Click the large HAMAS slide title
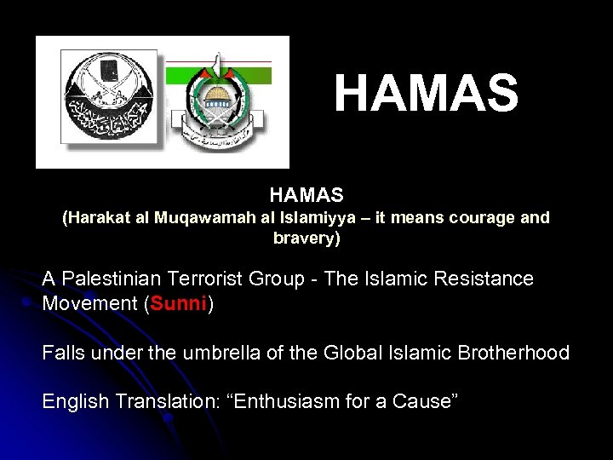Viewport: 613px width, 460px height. click(x=426, y=94)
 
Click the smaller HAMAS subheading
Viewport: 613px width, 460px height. click(x=306, y=195)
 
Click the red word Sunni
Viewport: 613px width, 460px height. click(x=178, y=304)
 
